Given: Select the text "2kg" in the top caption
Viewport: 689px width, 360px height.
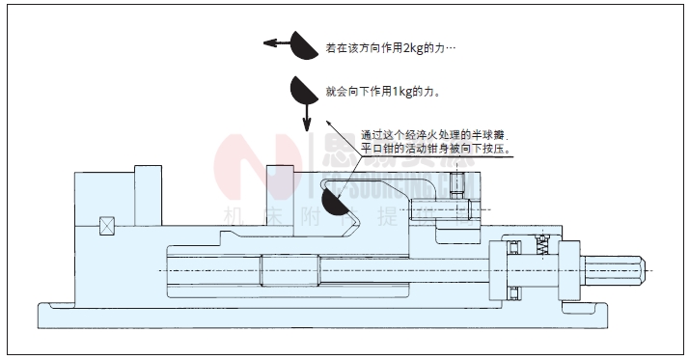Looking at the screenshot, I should tap(411, 47).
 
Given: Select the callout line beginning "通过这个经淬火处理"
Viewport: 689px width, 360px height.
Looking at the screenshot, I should tap(433, 135).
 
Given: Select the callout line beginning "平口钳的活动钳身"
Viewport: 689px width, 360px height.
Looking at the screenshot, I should tap(434, 150).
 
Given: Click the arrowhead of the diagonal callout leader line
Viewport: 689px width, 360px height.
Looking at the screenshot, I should tap(328, 124).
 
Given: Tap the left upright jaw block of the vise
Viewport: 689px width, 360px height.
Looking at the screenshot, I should tap(147, 184).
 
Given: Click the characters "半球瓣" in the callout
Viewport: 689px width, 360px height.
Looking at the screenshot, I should tap(489, 135).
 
